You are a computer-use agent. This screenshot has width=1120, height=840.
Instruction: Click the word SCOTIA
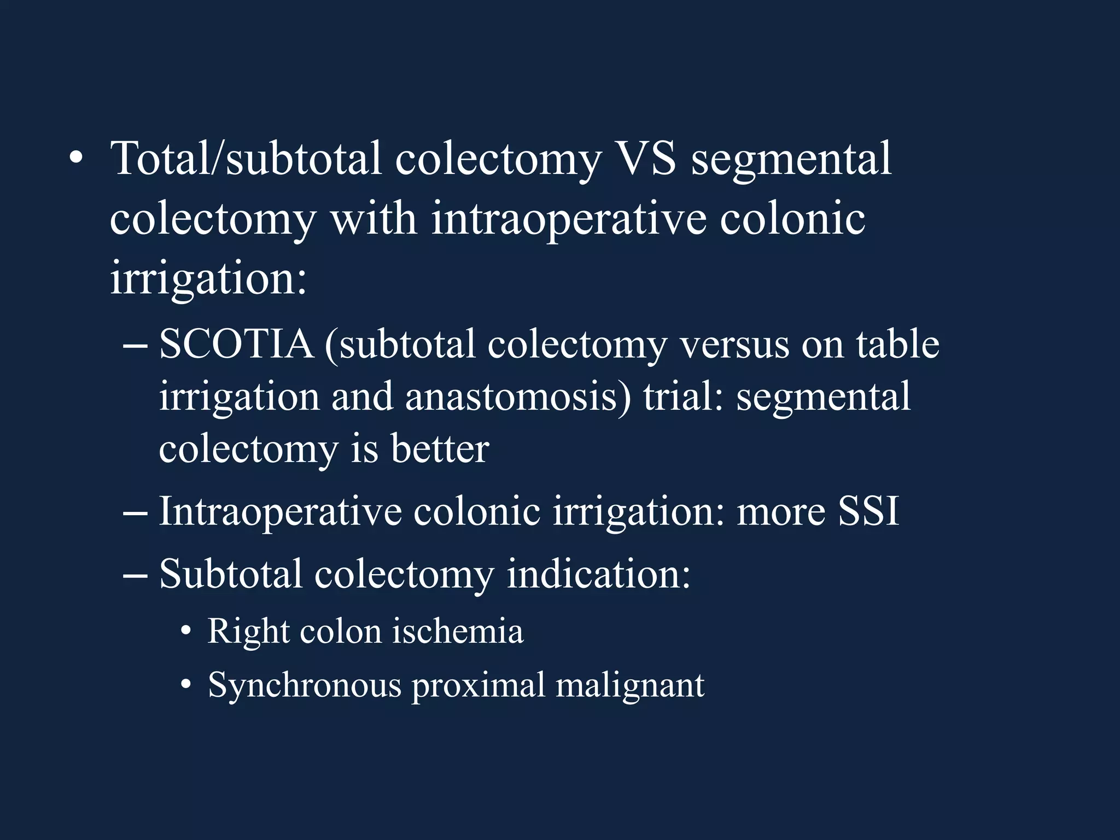click(x=236, y=345)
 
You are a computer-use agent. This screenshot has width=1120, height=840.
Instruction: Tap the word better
click(x=440, y=449)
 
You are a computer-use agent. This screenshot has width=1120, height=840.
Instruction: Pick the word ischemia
click(x=458, y=632)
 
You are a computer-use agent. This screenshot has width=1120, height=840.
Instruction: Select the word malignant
click(x=630, y=685)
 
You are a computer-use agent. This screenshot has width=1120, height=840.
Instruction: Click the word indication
click(x=598, y=574)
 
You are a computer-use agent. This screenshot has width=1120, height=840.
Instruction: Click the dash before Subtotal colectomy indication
click(x=135, y=576)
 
